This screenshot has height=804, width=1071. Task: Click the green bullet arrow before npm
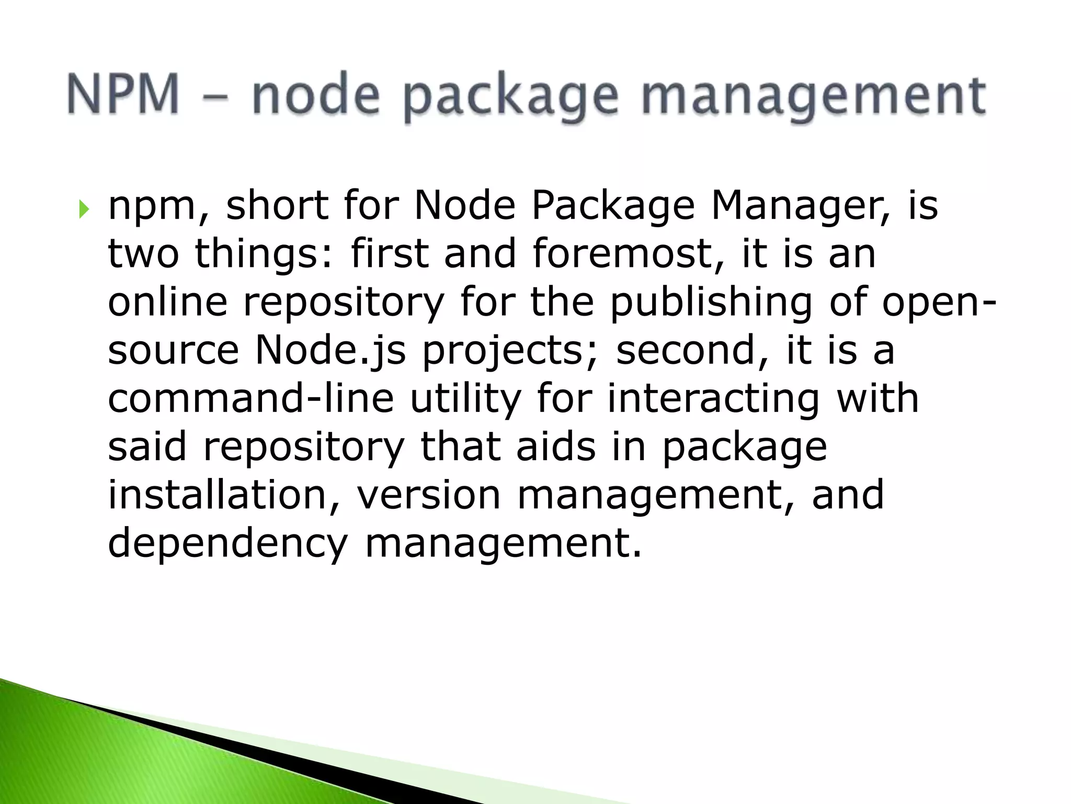[x=84, y=210]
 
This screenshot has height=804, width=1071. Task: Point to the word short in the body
[x=277, y=206]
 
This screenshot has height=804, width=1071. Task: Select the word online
[x=168, y=302]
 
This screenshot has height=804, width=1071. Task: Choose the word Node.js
[x=330, y=351]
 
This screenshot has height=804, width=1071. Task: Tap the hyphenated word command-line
[x=250, y=399]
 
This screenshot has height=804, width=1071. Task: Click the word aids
[x=556, y=447]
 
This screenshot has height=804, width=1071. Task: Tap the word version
[x=429, y=495]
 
